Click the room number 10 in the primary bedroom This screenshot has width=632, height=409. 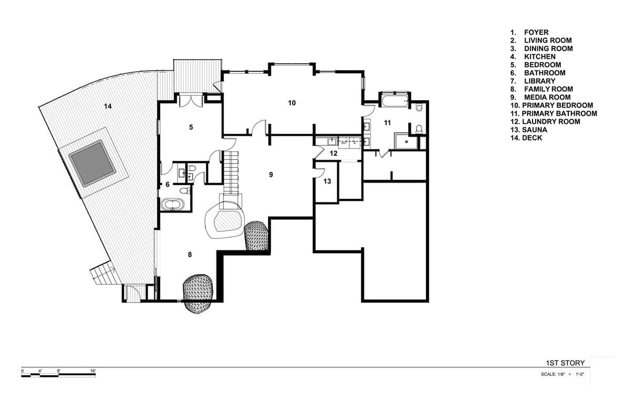[292, 103]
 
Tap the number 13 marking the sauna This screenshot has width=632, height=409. [327, 181]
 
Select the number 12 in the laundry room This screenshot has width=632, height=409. [333, 153]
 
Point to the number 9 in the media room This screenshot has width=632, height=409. [271, 174]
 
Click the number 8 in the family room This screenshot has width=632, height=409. [190, 254]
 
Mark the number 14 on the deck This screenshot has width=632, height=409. [107, 106]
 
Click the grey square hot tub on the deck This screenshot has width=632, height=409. [93, 163]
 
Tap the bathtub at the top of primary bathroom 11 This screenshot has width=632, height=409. [394, 101]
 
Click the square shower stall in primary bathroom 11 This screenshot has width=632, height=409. [406, 141]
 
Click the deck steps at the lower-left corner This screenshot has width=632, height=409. [103, 274]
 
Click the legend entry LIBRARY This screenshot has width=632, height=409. [539, 81]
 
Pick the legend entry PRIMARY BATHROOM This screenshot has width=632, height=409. [559, 113]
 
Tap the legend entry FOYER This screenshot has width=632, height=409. [536, 33]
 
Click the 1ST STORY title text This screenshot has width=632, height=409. [565, 363]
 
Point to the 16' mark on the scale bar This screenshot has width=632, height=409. [93, 371]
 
